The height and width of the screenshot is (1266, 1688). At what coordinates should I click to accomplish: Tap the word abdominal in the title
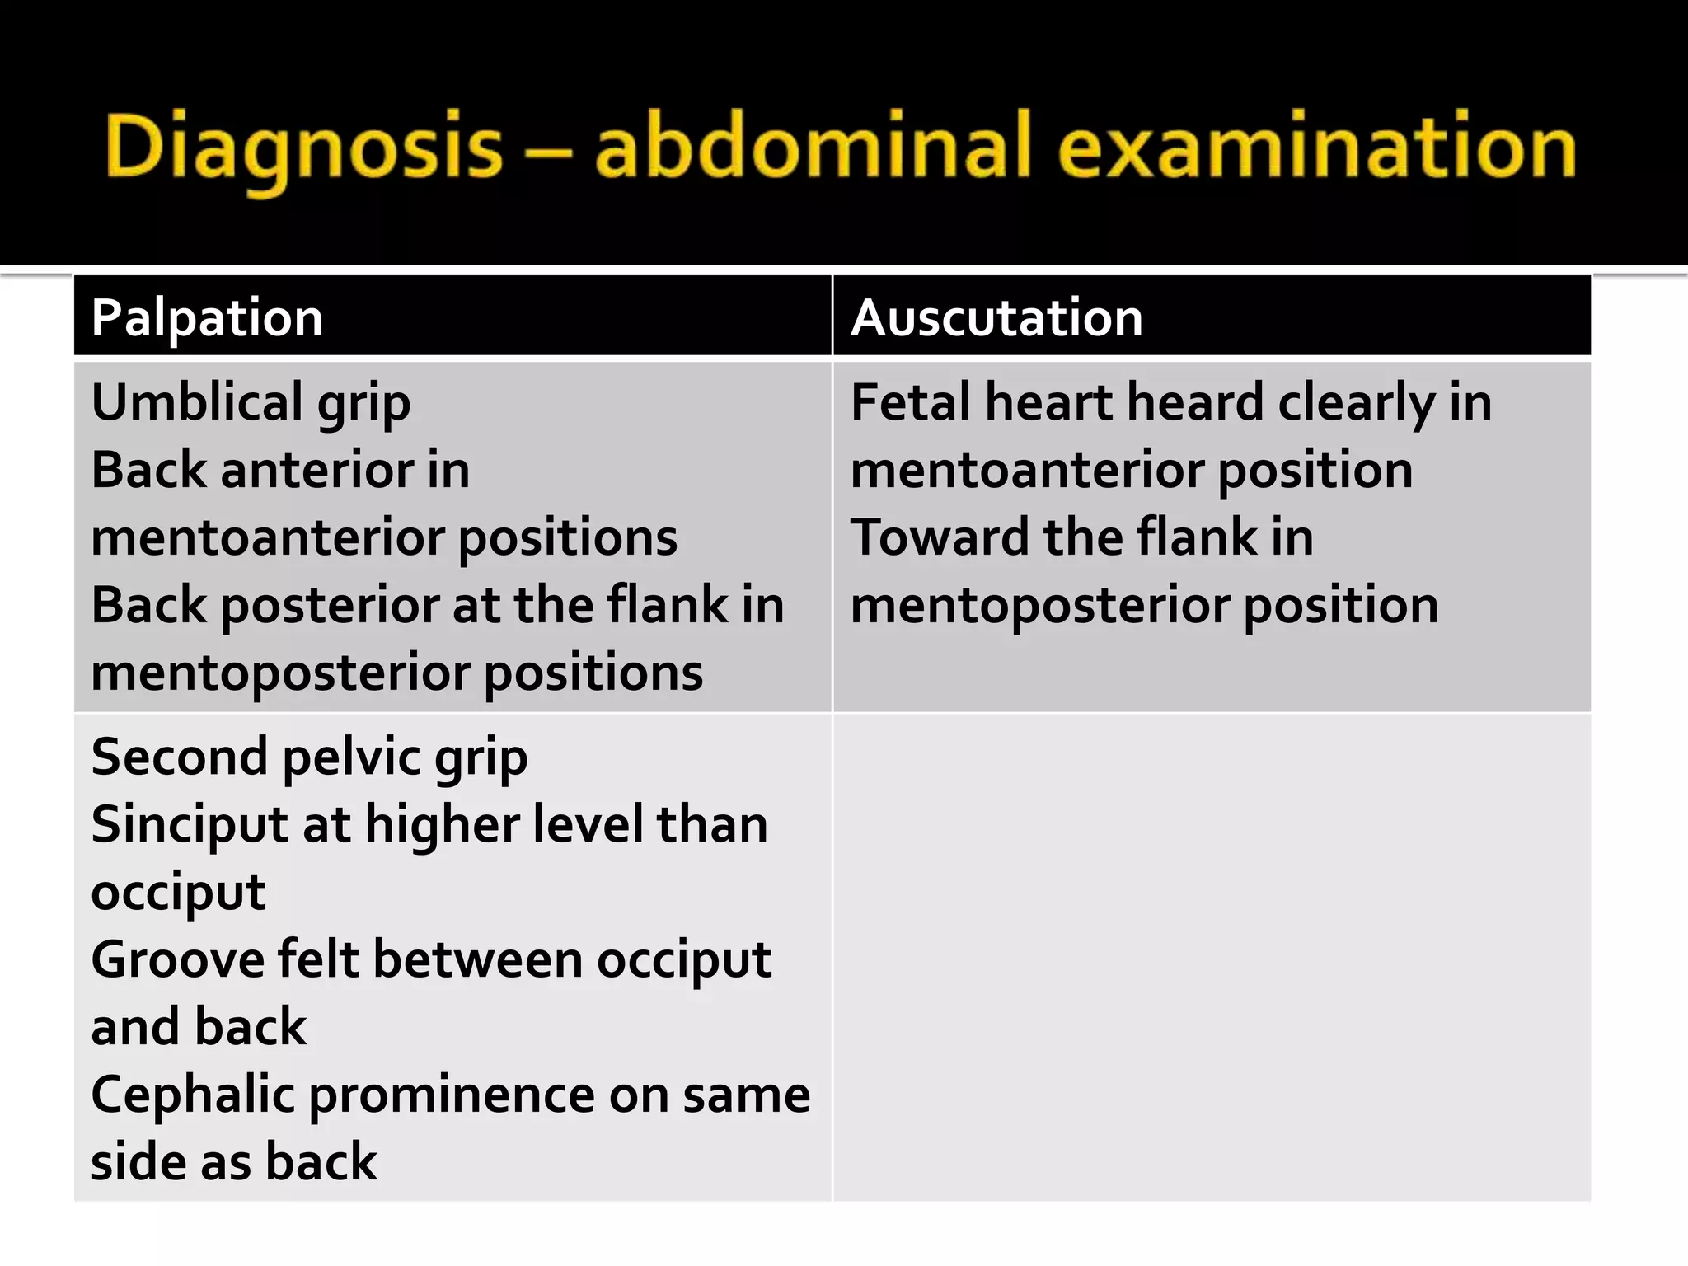pos(813,147)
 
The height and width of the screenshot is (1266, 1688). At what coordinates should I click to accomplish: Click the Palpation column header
pos(207,318)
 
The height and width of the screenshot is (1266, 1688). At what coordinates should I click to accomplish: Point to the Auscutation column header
pos(996,318)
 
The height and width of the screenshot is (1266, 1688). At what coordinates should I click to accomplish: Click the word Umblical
pos(197,403)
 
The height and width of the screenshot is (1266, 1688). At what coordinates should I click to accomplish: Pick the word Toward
pos(940,537)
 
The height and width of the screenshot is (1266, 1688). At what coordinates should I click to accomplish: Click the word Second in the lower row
pos(180,757)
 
